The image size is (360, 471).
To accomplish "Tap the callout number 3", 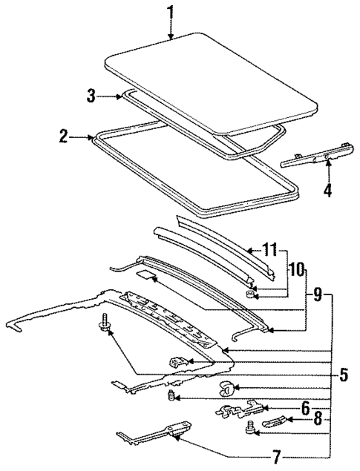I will [91, 96].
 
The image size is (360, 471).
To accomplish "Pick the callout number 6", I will [304, 409].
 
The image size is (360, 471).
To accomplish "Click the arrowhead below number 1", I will [171, 37].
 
